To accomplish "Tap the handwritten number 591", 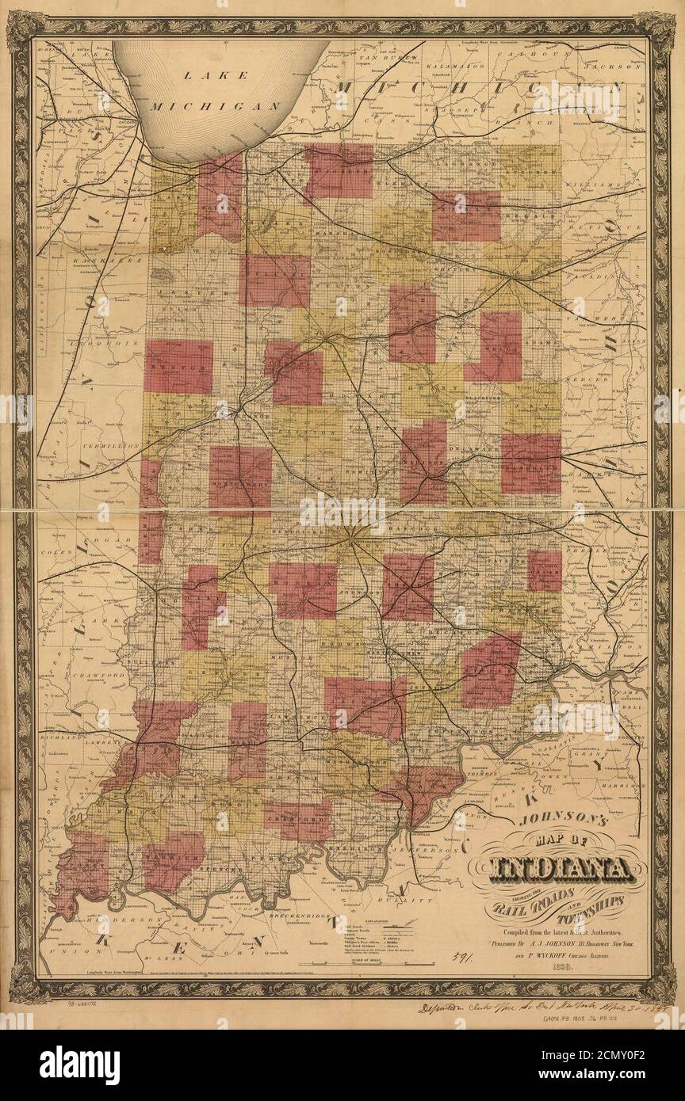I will [457, 958].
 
